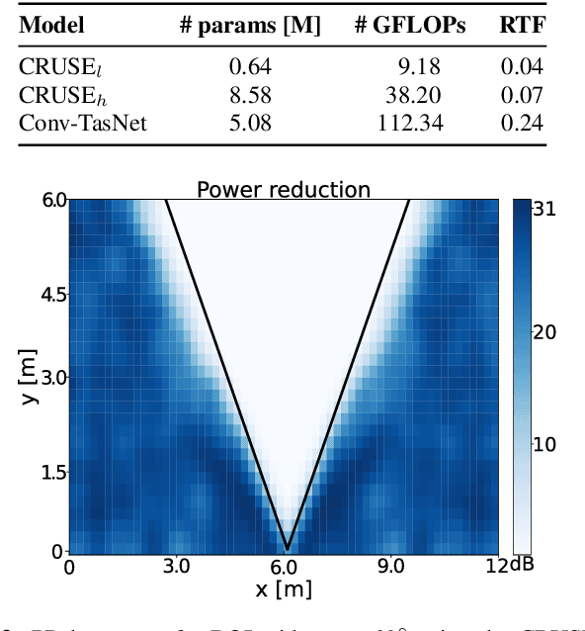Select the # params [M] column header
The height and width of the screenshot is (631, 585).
(250, 26)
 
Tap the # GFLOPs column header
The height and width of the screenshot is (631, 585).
(409, 26)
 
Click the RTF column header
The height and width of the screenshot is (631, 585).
(520, 26)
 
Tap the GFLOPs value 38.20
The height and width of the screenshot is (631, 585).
(413, 96)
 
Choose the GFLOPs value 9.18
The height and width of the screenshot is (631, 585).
(418, 68)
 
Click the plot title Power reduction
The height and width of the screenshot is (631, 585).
(284, 189)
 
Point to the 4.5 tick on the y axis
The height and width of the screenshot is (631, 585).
(48, 296)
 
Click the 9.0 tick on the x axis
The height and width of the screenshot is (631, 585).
(391, 568)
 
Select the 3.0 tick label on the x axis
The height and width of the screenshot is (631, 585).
(176, 568)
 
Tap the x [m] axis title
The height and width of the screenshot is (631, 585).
(284, 590)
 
